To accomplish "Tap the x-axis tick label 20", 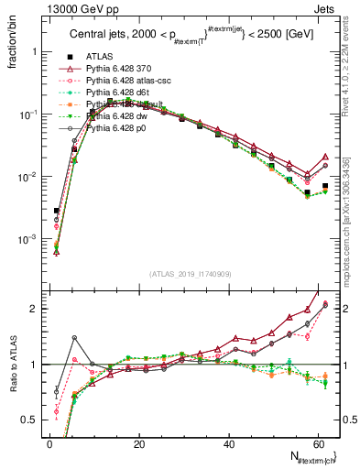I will click(x=139, y=443).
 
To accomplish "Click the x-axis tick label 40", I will click(x=229, y=443).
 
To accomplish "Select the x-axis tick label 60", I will click(x=319, y=443).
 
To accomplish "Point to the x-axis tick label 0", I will click(x=49, y=443).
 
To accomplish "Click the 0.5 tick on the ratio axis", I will click(x=30, y=420).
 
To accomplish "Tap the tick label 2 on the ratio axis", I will click(x=34, y=308).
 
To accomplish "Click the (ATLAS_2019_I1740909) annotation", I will click(x=190, y=274).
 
